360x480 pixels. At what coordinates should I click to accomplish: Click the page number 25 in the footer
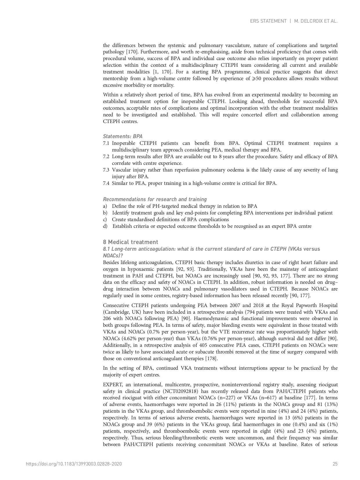tap(335, 464)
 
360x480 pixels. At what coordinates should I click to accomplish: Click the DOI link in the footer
tap(74, 464)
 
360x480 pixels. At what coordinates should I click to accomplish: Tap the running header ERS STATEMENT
tap(268, 21)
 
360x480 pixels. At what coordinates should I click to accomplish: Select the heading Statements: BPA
tap(122, 136)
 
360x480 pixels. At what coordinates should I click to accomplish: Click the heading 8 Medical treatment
tap(131, 242)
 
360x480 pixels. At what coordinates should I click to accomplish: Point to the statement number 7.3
tap(106, 170)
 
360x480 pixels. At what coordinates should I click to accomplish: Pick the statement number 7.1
tap(106, 143)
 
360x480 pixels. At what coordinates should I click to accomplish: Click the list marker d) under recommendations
tap(105, 226)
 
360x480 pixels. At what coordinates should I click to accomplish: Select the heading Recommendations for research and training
tap(155, 199)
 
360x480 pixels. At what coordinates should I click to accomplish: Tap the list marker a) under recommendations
tap(105, 206)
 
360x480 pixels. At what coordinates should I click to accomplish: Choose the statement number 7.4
tap(106, 183)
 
